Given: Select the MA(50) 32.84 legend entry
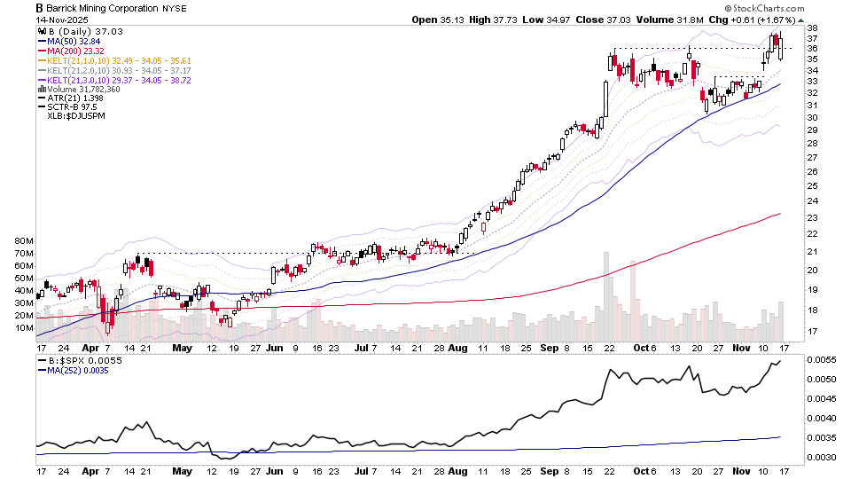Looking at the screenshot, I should [74, 41].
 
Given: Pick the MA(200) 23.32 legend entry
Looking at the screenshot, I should [77, 51].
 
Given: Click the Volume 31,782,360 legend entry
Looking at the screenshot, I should [81, 90].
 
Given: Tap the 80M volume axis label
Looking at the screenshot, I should [23, 241].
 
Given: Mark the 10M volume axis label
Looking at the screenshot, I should [23, 328].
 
